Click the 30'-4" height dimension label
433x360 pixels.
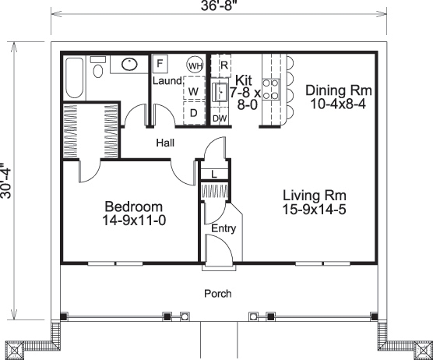(x=7, y=180)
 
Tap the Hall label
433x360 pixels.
(x=164, y=143)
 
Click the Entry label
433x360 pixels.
(x=224, y=228)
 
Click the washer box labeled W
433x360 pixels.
(x=192, y=91)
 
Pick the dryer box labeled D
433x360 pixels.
(x=192, y=114)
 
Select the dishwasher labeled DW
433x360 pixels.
(x=220, y=118)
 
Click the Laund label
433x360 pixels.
(x=167, y=80)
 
